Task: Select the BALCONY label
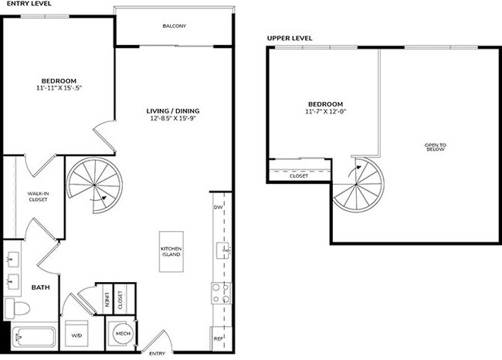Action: tap(174, 26)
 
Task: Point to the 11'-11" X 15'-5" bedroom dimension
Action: tap(59, 90)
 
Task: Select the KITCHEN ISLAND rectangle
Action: tap(171, 250)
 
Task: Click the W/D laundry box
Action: tap(77, 335)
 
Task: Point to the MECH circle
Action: tap(122, 334)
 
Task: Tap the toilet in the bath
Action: tap(18, 309)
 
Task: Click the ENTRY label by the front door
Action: tap(157, 353)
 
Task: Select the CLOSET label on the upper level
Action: tap(299, 176)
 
